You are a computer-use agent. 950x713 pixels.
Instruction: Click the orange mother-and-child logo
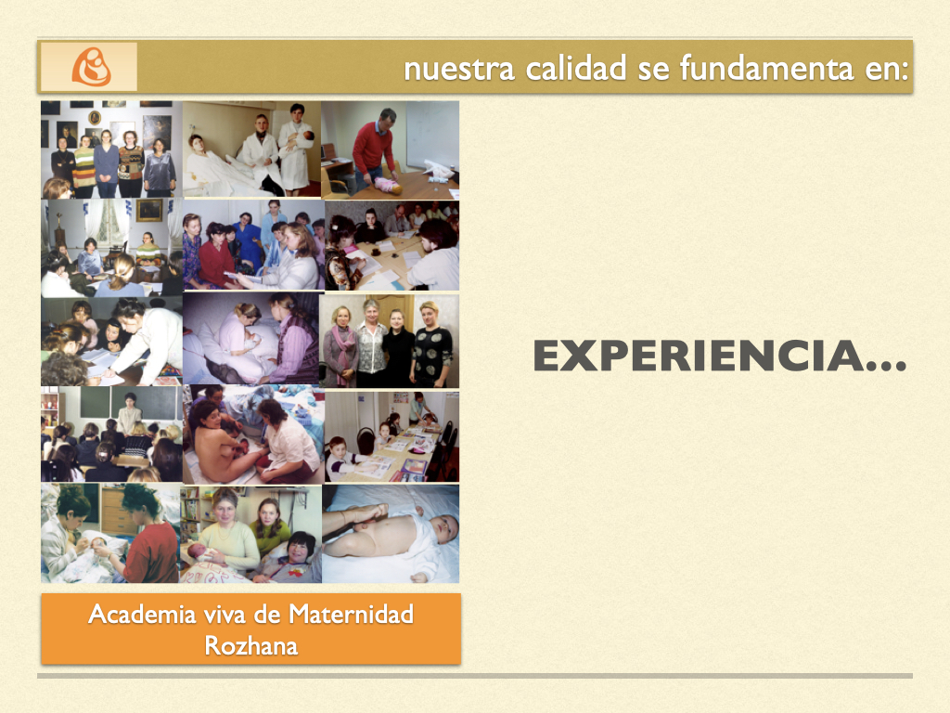(92, 67)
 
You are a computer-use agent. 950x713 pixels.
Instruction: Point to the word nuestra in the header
(459, 69)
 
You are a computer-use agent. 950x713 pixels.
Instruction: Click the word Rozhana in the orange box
(251, 645)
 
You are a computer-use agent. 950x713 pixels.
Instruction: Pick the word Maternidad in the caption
(351, 615)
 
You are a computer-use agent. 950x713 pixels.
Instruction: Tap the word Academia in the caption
(142, 615)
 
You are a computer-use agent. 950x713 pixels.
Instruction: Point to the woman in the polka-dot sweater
(431, 344)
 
